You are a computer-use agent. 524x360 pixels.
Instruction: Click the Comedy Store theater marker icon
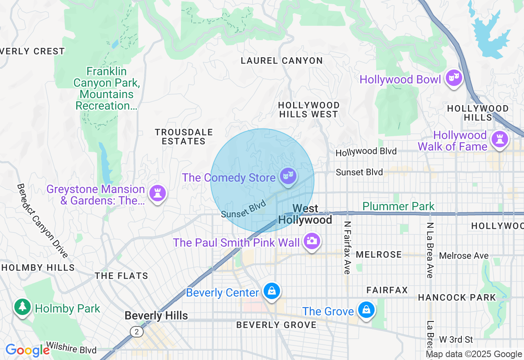pos(288,176)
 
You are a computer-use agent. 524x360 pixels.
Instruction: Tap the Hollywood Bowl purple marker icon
pos(454,78)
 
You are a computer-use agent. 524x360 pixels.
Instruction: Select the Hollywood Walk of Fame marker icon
pos(499,139)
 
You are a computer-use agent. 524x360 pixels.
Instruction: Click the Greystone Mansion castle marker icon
pos(158,192)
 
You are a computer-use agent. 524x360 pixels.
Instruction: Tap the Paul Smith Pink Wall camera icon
pos(312,241)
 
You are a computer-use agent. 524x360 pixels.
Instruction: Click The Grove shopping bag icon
pos(366,310)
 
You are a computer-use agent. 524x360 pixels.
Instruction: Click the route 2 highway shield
pos(136,331)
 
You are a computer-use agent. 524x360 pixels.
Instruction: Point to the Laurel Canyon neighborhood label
pos(282,61)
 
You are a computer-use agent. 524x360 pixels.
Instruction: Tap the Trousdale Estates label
pos(184,137)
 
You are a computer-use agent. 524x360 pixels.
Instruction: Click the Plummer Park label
pos(398,206)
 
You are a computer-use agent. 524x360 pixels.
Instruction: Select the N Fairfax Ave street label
pos(348,248)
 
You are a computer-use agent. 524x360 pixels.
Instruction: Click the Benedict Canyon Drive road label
pos(42,220)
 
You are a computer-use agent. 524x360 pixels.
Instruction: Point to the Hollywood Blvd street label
pos(366,152)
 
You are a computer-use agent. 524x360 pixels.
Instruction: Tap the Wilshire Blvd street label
pos(71,348)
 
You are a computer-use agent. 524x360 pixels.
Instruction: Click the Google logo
pos(27,351)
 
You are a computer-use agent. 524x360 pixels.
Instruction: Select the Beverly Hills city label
pos(156,316)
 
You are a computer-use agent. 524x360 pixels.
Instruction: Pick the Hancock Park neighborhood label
pos(457,297)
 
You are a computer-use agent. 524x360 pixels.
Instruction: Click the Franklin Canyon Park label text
pos(107,89)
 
